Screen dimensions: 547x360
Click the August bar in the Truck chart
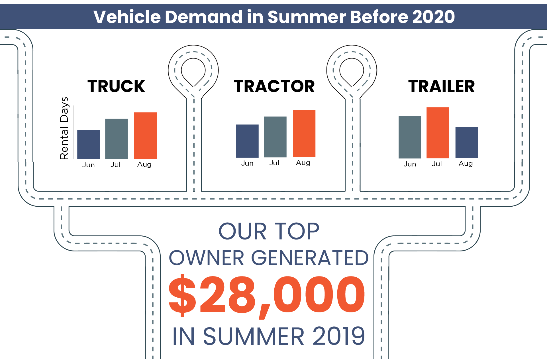pos(145,136)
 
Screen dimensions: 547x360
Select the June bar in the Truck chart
pos(89,145)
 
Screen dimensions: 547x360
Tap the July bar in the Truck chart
pos(117,139)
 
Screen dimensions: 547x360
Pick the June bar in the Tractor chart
pos(247,141)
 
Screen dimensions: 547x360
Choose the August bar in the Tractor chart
pos(304,134)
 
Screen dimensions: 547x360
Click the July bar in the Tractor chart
pos(275,137)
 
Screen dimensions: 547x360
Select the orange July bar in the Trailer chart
pos(438,133)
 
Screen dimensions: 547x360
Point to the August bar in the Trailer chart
pos(467,143)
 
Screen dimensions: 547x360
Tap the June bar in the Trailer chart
pos(410,137)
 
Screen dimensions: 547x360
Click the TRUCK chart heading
pos(116,86)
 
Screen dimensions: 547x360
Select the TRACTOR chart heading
pos(274,86)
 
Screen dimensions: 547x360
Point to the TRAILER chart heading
pos(442,86)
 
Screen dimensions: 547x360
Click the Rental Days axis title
pos(64,128)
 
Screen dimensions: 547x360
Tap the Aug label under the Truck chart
pos(144,165)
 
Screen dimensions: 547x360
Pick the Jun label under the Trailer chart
pos(410,164)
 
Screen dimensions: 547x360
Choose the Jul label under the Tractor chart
pos(274,163)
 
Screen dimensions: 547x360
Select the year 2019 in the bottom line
pos(339,336)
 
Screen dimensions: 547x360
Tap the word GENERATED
pos(310,258)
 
